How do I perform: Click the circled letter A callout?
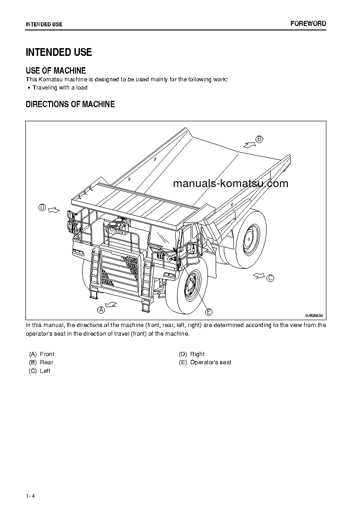[101, 310]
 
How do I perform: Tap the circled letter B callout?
[259, 139]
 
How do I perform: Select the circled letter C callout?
[270, 278]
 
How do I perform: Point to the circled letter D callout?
[42, 208]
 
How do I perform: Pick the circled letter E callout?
[209, 312]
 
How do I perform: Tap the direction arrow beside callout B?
[248, 144]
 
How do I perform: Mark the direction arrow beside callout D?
[54, 209]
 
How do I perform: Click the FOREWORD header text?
[308, 24]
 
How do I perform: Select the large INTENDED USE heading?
[59, 52]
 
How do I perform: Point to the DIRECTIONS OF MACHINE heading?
[70, 104]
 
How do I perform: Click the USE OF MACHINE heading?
[56, 70]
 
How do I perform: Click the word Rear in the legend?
[46, 362]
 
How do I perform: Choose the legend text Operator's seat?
[211, 362]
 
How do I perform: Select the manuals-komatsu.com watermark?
[231, 183]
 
